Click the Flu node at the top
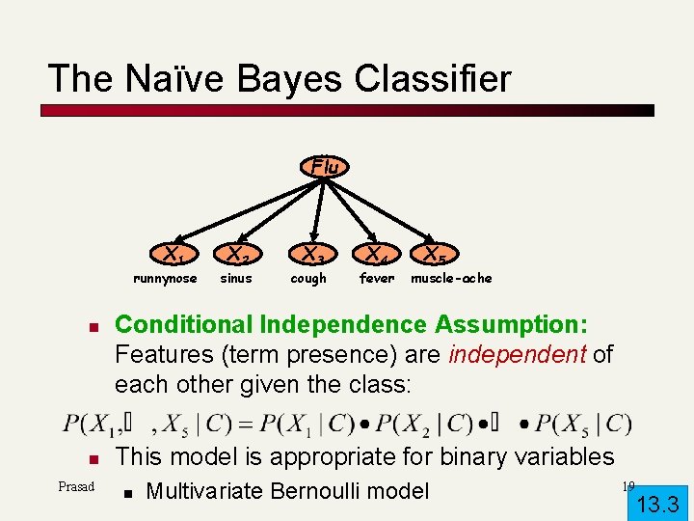[325, 167]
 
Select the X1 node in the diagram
[173, 256]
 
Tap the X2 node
[237, 256]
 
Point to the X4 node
[374, 256]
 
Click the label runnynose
[165, 279]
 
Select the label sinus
[236, 279]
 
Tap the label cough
[308, 279]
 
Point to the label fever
[377, 279]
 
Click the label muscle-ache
[451, 279]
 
